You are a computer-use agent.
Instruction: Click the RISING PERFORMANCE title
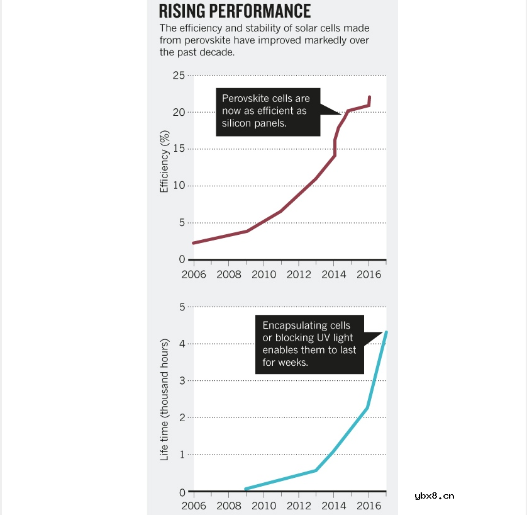[x=235, y=11]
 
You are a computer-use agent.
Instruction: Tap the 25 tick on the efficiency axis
[x=179, y=76]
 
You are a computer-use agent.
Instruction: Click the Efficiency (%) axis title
[x=165, y=161]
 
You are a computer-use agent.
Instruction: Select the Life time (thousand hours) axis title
[x=165, y=400]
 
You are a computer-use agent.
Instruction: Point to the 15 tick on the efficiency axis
[x=179, y=149]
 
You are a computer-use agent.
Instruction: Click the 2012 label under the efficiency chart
[x=299, y=274]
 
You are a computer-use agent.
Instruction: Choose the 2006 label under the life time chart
[x=194, y=505]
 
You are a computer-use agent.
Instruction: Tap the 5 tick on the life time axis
[x=182, y=307]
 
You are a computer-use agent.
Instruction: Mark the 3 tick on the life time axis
[x=182, y=381]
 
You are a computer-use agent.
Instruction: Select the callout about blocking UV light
[x=309, y=344]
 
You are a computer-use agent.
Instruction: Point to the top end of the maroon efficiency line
[x=369, y=97]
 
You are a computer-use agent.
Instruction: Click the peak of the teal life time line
[x=386, y=332]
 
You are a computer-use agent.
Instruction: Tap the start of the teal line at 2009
[x=245, y=489]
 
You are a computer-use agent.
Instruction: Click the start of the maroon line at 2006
[x=193, y=243]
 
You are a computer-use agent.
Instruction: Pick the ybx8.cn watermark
[x=435, y=495]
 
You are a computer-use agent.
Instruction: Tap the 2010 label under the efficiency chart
[x=264, y=274]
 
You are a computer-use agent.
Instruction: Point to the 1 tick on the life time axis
[x=182, y=455]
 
